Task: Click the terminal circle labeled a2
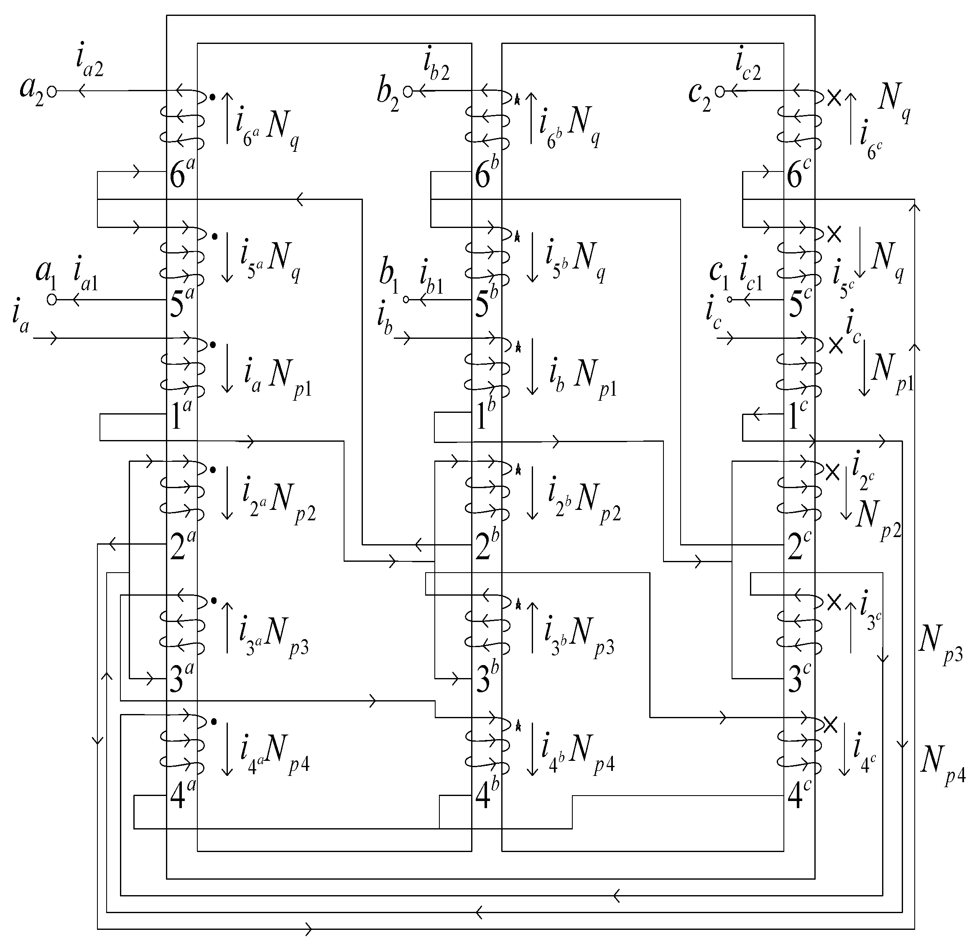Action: (x=52, y=91)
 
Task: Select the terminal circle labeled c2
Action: (x=719, y=91)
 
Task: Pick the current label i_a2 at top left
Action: (x=90, y=62)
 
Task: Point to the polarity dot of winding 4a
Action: (x=214, y=722)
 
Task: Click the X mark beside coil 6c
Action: (x=834, y=98)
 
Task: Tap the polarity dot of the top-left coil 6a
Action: (x=213, y=97)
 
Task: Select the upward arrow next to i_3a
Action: (x=227, y=627)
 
